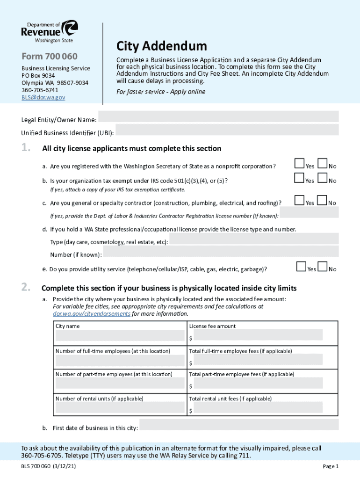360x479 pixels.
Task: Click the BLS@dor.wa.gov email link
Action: (43, 97)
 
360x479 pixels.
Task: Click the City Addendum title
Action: (161, 46)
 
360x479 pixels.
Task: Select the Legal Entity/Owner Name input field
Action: (218, 116)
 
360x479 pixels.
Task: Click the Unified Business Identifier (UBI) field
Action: (227, 130)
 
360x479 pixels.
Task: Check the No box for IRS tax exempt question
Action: (322, 178)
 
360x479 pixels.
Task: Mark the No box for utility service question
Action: (322, 266)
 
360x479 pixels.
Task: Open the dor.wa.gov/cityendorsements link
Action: (92, 313)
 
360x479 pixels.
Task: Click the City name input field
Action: (120, 335)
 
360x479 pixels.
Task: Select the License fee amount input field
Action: (256, 334)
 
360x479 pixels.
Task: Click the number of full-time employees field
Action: (120, 360)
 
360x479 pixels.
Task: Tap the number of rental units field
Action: (120, 408)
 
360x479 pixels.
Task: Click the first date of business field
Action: (239, 425)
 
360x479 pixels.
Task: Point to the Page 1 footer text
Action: (331, 466)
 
